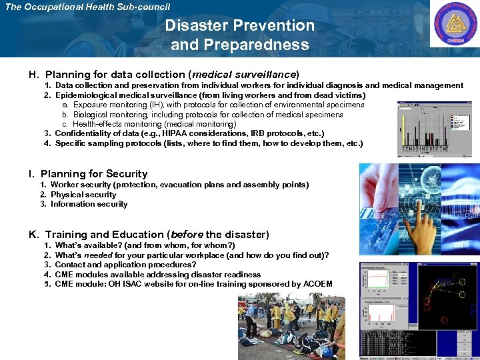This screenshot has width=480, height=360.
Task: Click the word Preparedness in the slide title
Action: [x=240, y=45]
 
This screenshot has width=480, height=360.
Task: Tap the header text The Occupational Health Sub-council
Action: [x=87, y=7]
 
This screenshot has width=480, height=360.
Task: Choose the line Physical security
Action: [x=83, y=195]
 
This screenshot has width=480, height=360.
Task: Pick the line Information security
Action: [x=89, y=204]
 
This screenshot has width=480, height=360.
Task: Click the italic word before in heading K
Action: [x=187, y=234]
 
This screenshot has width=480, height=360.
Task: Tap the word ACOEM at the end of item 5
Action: [x=317, y=284]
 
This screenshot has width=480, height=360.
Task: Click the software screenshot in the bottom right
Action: [x=419, y=310]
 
